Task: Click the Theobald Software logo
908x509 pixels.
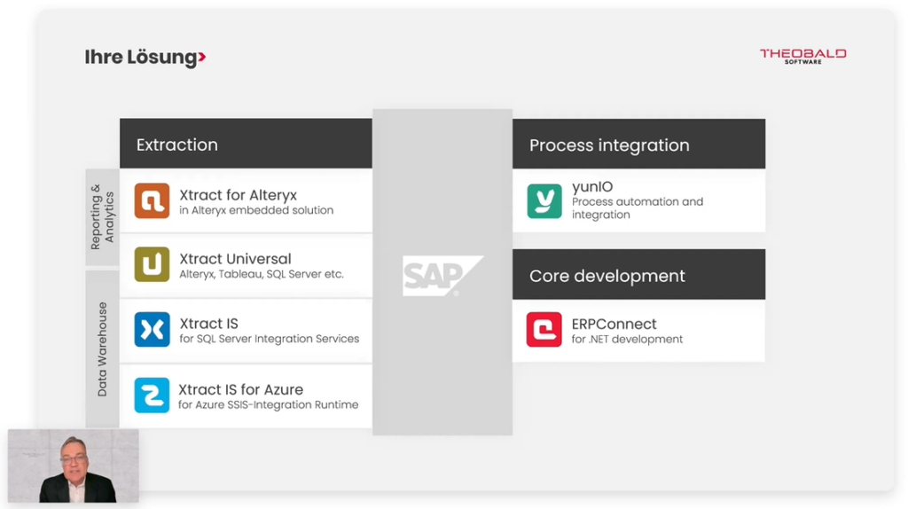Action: pyautogui.click(x=802, y=55)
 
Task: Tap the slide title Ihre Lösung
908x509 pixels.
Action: pyautogui.click(x=140, y=58)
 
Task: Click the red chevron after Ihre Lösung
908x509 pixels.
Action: pyautogui.click(x=202, y=58)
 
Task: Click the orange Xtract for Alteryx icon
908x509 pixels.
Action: pyautogui.click(x=152, y=200)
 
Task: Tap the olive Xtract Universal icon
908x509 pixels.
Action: pyautogui.click(x=152, y=265)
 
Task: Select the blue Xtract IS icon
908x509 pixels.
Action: pyautogui.click(x=152, y=330)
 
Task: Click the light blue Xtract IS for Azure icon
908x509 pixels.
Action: pyautogui.click(x=152, y=395)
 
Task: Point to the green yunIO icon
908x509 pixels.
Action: pyautogui.click(x=544, y=201)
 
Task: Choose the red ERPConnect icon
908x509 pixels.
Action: pyautogui.click(x=544, y=330)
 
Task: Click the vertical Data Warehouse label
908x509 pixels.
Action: pyautogui.click(x=103, y=348)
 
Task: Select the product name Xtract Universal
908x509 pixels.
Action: pyautogui.click(x=235, y=259)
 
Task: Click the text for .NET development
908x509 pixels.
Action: pyautogui.click(x=627, y=340)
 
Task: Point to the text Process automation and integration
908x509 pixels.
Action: pyautogui.click(x=637, y=208)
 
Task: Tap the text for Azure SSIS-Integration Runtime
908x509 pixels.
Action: pyautogui.click(x=268, y=405)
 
